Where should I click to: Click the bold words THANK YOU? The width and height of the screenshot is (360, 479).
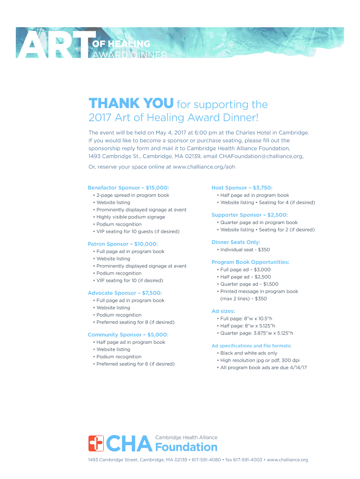coord(131,103)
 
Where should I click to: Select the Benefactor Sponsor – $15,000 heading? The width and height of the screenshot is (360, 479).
coord(129,188)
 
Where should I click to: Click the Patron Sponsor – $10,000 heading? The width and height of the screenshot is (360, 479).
coord(122,244)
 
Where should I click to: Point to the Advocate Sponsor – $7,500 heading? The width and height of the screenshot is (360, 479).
coord(125,293)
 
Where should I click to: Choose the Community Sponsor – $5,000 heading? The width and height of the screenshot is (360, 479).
coord(128,334)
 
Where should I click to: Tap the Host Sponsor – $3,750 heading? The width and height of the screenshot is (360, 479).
coord(242,188)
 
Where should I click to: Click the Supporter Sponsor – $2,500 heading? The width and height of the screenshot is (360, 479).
coord(250,215)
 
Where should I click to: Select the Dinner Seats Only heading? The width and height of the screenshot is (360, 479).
coord(236,242)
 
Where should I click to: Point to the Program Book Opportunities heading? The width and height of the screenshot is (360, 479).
coord(250,262)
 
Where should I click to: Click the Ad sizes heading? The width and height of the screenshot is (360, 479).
coord(223,311)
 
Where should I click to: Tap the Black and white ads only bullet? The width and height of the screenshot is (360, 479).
coord(249,353)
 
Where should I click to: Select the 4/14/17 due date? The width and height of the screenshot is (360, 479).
coord(297,368)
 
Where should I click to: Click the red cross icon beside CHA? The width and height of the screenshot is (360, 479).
coord(96,443)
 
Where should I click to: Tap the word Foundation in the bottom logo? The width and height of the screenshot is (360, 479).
coord(186,447)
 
